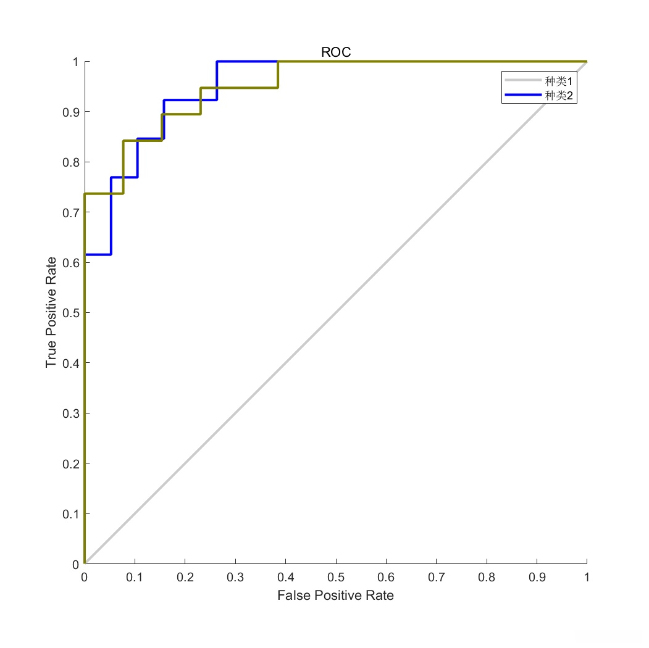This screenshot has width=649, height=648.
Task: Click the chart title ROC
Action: pos(336,52)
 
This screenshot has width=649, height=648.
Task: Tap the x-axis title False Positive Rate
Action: pos(335,596)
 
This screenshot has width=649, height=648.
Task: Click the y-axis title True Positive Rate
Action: pos(51,312)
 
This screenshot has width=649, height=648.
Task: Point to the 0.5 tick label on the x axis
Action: pos(336,578)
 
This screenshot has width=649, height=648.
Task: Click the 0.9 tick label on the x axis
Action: pos(537,578)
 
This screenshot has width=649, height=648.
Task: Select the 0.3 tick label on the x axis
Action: pos(235,578)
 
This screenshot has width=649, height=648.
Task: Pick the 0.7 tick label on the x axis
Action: pos(436,578)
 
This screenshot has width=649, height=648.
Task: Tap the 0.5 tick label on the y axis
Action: pos(70,313)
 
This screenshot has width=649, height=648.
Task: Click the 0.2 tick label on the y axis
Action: pos(70,463)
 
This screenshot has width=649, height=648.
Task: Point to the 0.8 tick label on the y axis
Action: pos(70,162)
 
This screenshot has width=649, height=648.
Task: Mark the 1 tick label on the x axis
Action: pos(587,578)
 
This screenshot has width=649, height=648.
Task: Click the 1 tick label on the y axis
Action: pos(75,62)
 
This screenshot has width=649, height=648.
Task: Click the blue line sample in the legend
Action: pos(522,95)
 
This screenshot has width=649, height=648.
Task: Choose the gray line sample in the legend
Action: pos(522,81)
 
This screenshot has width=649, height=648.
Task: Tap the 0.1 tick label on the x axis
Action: pos(135,578)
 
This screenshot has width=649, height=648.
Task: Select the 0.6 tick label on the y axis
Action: pos(70,263)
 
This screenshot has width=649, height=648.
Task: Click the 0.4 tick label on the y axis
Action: pos(70,363)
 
